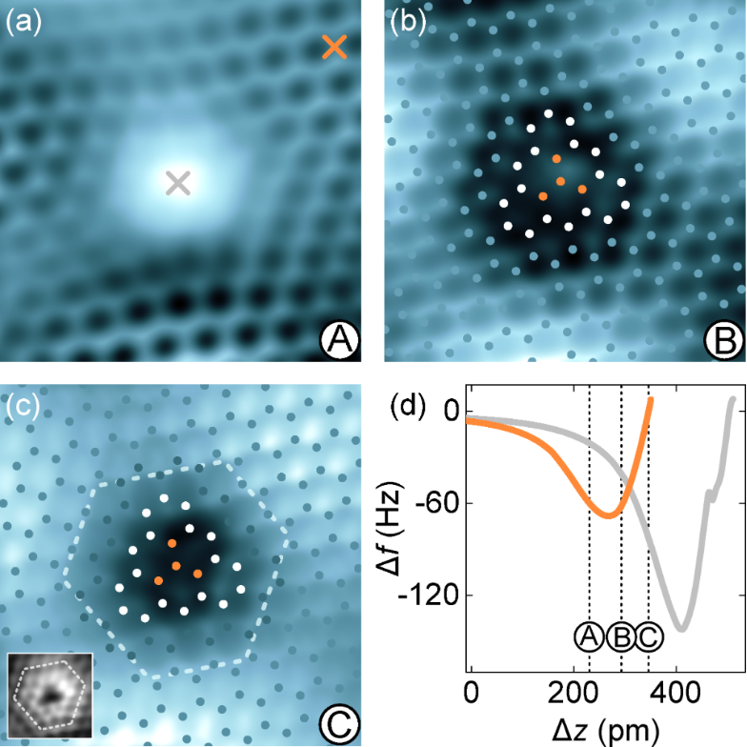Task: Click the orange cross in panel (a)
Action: point(334,47)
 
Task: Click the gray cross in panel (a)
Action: point(178,182)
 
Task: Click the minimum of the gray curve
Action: point(681,628)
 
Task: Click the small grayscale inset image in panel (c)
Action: point(50,695)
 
